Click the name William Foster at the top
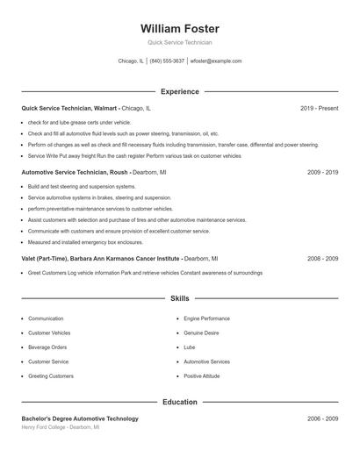tap(180, 29)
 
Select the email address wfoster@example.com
tap(216, 61)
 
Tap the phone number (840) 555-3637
tap(167, 61)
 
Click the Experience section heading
tap(180, 91)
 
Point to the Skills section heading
tap(180, 299)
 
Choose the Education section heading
tap(180, 402)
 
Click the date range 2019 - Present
tap(319, 108)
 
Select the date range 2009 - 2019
tap(322, 173)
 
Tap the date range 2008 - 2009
tap(322, 259)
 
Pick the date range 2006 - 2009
tap(322, 419)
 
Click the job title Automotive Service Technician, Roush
tap(75, 173)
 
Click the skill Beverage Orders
tap(47, 347)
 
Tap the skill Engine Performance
tap(206, 318)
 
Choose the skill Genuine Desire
tap(202, 333)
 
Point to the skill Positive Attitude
tap(202, 376)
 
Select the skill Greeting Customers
tap(51, 376)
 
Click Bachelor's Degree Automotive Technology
tap(80, 419)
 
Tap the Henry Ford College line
tap(61, 428)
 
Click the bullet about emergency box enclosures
tap(85, 241)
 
